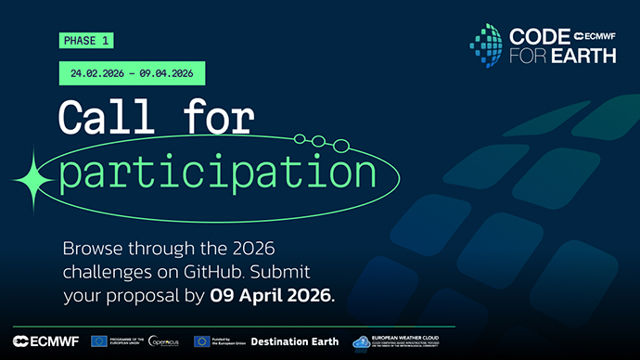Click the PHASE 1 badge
(x=85, y=41)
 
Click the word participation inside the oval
(x=217, y=174)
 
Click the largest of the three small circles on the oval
(x=341, y=146)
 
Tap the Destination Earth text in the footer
(x=295, y=341)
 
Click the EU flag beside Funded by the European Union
(x=201, y=341)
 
